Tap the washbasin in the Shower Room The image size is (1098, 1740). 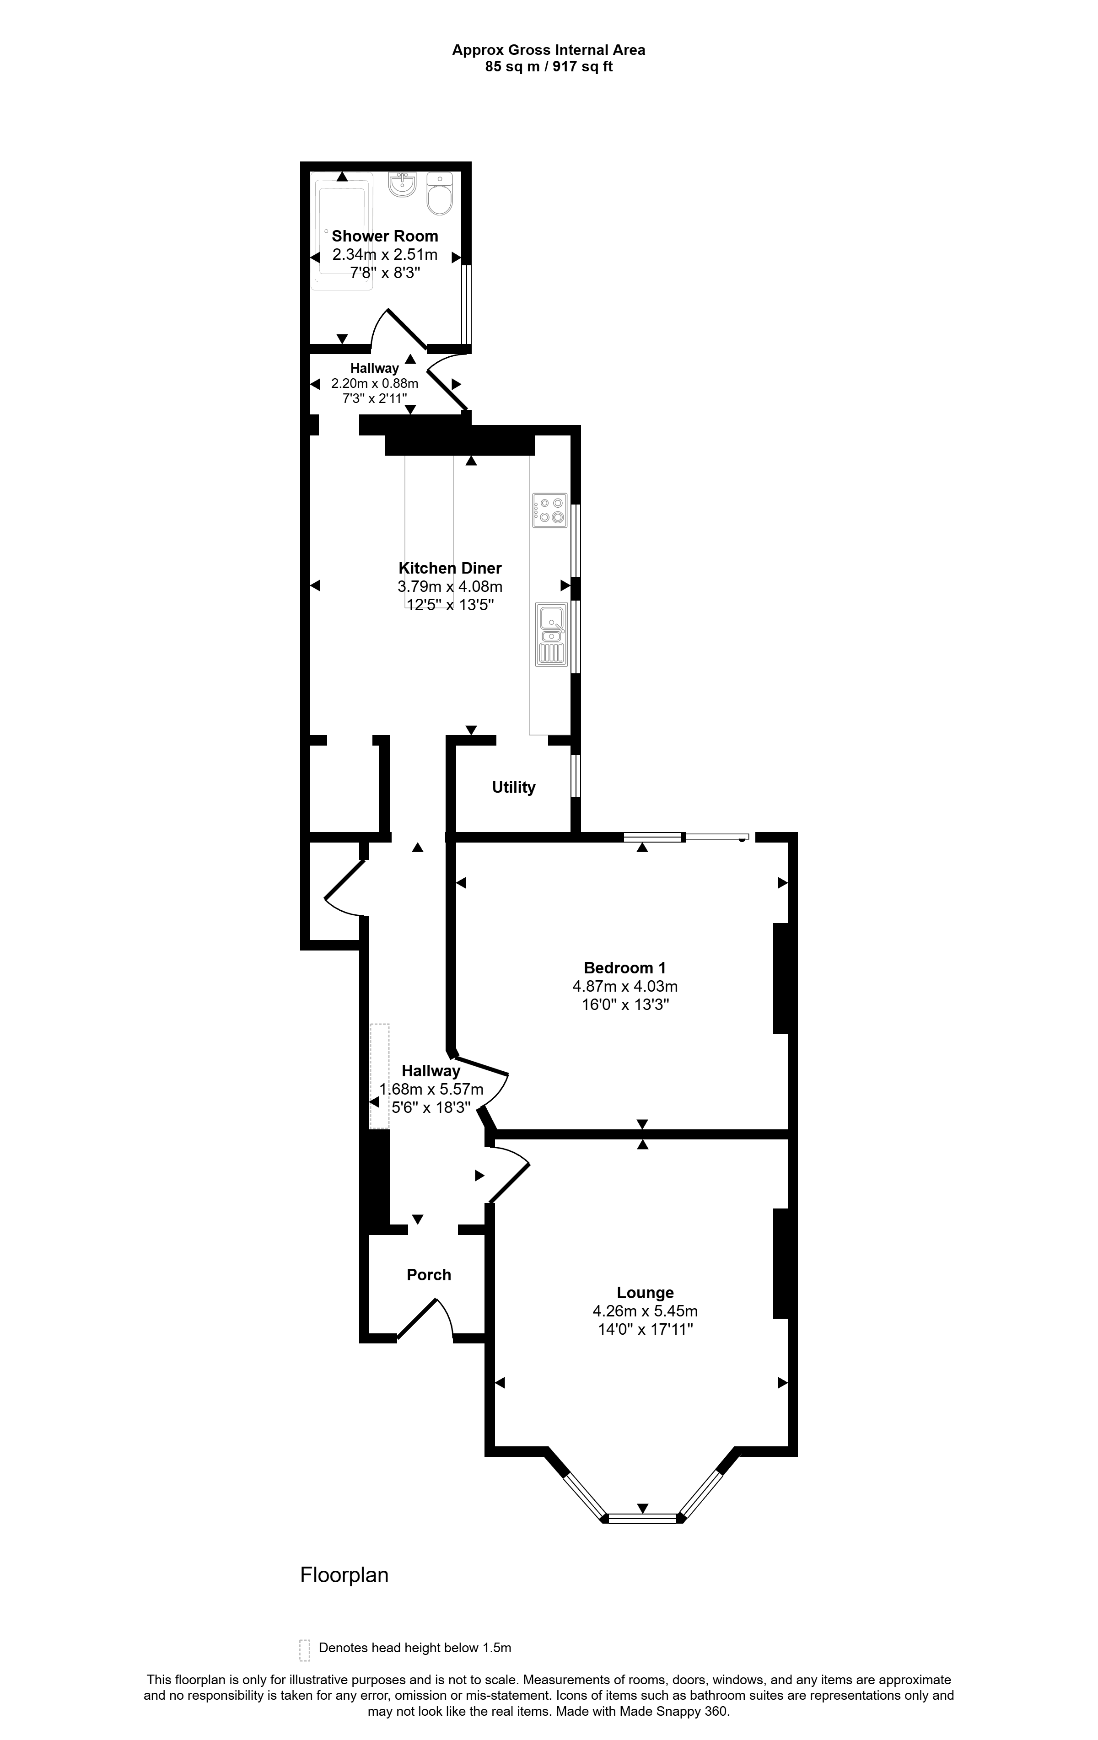coord(402,184)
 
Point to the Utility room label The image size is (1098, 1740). coord(514,788)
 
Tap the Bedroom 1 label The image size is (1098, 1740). coord(624,967)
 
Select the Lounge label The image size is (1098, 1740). coord(645,1293)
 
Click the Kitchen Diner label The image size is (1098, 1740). coord(450,568)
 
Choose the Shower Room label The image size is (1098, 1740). coord(385,236)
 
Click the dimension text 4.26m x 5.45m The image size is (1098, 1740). coord(645,1311)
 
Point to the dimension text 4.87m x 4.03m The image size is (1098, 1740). coord(624,986)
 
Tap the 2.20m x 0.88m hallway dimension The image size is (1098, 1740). coord(374,384)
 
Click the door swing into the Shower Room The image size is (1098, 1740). coord(398,329)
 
